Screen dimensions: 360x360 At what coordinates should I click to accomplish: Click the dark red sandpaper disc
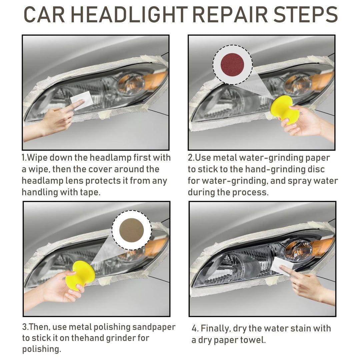pyautogui.click(x=232, y=65)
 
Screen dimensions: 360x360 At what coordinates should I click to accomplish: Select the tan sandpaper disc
pyautogui.click(x=131, y=230)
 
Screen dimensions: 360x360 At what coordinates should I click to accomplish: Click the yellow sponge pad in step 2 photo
pyautogui.click(x=285, y=110)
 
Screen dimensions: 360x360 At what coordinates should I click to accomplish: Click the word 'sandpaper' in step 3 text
pyautogui.click(x=154, y=327)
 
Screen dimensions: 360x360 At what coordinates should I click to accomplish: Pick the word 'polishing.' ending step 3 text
pyautogui.click(x=42, y=349)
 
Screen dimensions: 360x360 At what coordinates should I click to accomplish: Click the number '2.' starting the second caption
pyautogui.click(x=191, y=157)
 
